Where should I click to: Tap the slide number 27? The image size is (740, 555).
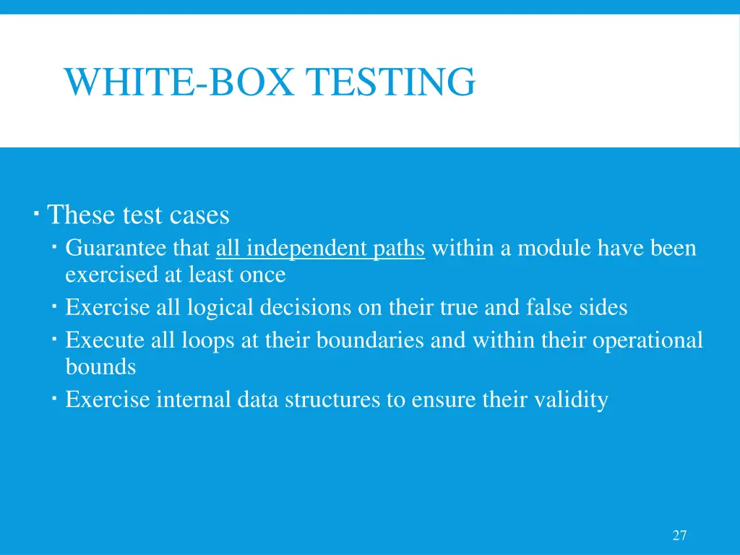679,535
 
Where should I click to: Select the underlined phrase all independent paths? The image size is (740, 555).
320,249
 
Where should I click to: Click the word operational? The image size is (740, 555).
647,340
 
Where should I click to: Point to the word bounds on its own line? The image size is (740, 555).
100,367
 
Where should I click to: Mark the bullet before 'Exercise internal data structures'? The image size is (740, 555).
55,399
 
